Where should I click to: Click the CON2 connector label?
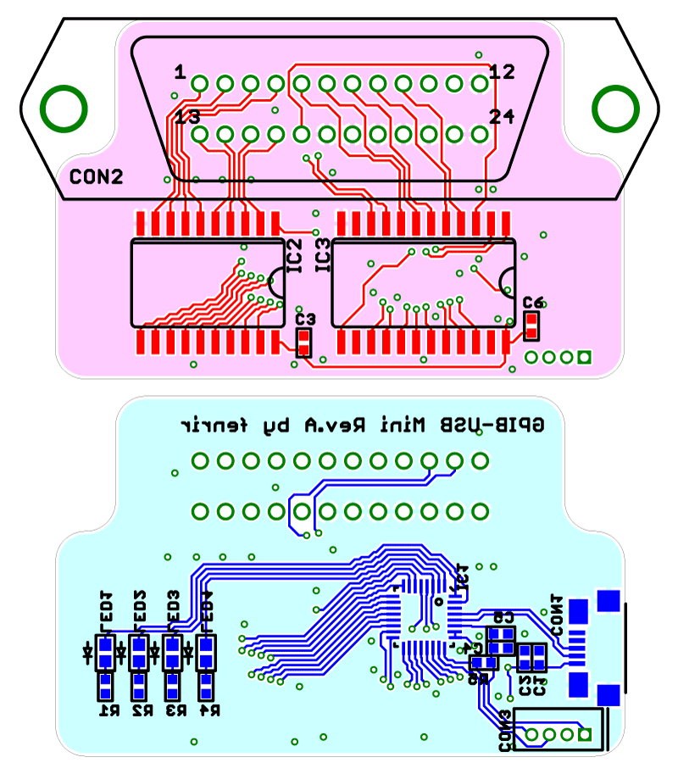(96, 177)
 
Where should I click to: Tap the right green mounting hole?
(614, 109)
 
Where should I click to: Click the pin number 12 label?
(502, 72)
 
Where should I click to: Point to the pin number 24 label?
(502, 117)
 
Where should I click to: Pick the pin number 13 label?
(187, 117)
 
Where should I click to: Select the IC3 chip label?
(322, 256)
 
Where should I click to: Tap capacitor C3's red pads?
(303, 342)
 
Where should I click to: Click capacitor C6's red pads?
(532, 325)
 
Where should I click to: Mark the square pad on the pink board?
(583, 357)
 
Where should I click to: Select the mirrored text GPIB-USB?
(506, 422)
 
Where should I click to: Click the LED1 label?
(107, 607)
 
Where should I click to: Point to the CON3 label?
(505, 732)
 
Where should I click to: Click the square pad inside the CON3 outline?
(583, 734)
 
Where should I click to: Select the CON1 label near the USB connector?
(557, 614)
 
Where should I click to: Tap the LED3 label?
(174, 607)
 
